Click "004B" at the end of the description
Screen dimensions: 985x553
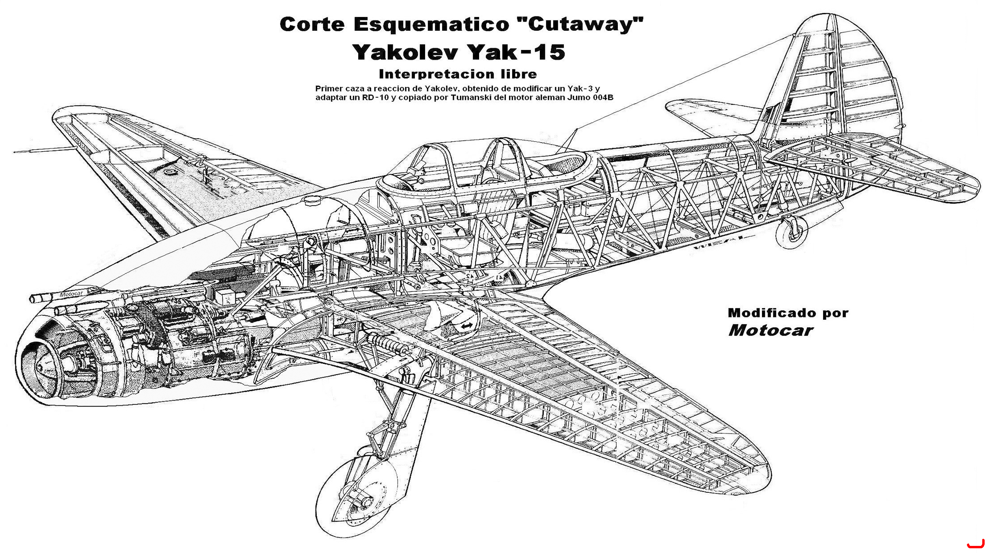(x=603, y=97)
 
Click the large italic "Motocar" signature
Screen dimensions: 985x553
(x=771, y=330)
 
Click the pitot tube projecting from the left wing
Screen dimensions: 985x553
(x=43, y=150)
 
